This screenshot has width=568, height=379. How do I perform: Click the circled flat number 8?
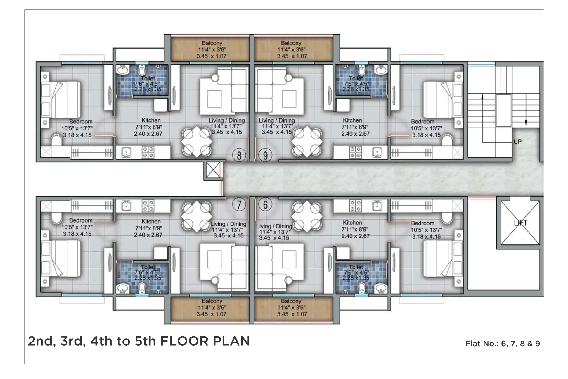point(239,155)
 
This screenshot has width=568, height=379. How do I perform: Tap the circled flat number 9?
point(265,155)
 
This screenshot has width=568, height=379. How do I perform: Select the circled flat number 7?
point(239,204)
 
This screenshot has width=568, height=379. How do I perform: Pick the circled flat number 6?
point(265,204)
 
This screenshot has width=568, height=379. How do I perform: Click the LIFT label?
point(520,223)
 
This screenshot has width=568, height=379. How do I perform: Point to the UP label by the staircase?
point(517,142)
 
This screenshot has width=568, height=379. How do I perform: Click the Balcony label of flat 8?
point(212,43)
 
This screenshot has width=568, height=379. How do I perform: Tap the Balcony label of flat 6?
point(291,301)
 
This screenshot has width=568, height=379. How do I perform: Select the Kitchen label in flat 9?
point(352,120)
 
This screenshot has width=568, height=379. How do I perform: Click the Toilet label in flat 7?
point(148,267)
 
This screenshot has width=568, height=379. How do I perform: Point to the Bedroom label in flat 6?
point(422,223)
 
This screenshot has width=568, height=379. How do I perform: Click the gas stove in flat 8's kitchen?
point(148,152)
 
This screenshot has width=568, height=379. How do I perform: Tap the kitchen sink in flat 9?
point(377,152)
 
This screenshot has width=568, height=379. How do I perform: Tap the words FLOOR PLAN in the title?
point(205,341)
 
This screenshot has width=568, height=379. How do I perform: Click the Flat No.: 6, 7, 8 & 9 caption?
point(502,344)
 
